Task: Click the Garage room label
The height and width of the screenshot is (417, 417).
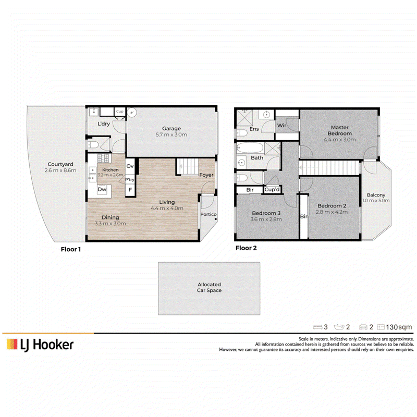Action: click(171, 128)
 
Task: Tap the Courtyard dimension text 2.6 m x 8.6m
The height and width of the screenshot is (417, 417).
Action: click(60, 170)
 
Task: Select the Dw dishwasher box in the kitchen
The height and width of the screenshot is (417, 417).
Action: click(102, 189)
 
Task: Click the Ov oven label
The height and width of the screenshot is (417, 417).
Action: click(130, 166)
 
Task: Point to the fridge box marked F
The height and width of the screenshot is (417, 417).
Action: click(130, 190)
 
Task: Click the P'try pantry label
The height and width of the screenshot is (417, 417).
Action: click(130, 179)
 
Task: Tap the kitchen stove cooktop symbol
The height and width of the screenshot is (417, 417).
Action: click(103, 158)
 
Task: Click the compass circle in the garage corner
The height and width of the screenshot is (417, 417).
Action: click(132, 113)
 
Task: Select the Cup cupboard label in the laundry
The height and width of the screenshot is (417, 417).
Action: click(120, 112)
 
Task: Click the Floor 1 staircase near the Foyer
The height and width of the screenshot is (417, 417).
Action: click(187, 166)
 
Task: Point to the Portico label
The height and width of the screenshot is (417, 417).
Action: click(208, 214)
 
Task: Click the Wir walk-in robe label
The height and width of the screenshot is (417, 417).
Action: click(281, 125)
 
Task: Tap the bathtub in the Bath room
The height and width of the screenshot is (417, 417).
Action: click(250, 148)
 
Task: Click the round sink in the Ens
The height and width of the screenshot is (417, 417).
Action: click(266, 115)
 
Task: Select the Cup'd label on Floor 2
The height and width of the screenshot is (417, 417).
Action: click(272, 190)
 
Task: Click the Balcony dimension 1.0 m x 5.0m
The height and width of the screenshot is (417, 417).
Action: click(376, 201)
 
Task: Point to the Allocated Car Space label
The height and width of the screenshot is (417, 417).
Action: click(210, 288)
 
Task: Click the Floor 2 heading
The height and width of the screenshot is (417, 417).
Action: click(246, 248)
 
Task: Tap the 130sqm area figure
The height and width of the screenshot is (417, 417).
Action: click(399, 327)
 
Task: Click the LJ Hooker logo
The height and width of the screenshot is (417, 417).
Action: click(40, 345)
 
